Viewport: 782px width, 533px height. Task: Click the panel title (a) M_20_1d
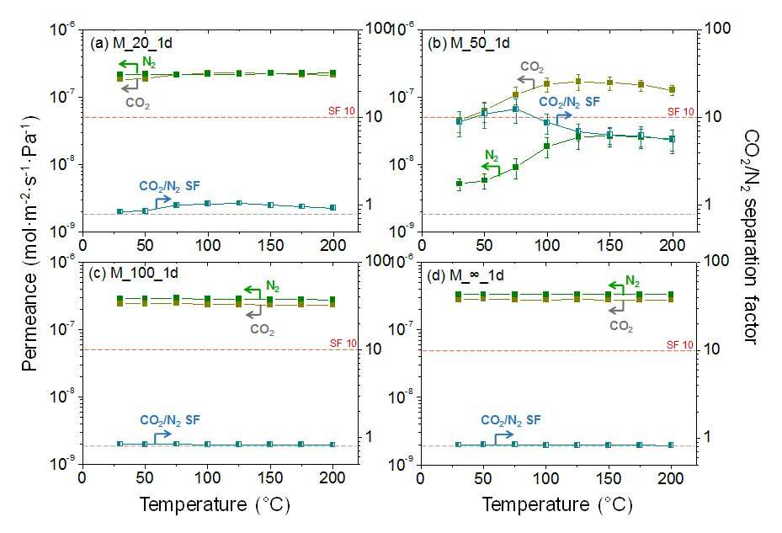click(131, 43)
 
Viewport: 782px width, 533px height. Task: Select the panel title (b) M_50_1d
click(469, 43)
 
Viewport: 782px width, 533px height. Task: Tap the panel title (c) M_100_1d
click(134, 273)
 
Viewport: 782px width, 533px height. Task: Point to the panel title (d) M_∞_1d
click(465, 275)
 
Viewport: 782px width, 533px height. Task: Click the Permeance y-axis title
click(31, 243)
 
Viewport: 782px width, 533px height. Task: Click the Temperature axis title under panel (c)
click(215, 504)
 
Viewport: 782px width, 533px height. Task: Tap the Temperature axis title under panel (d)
click(557, 504)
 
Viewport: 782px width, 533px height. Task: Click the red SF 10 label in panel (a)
click(342, 111)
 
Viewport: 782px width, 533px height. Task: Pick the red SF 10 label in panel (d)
click(680, 345)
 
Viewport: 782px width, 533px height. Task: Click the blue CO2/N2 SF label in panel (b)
click(570, 103)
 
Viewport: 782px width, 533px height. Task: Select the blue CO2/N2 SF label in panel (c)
click(169, 421)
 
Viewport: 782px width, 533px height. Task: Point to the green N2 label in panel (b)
click(492, 156)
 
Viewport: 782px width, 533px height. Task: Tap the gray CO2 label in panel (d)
click(621, 327)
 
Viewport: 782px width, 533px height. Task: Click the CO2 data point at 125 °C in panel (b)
click(578, 82)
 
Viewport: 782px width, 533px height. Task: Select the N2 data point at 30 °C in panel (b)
click(460, 184)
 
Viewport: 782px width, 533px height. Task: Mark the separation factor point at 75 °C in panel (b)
click(516, 109)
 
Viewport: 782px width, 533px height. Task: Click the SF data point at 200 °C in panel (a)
click(333, 208)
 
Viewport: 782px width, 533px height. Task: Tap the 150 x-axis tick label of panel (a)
click(271, 245)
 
